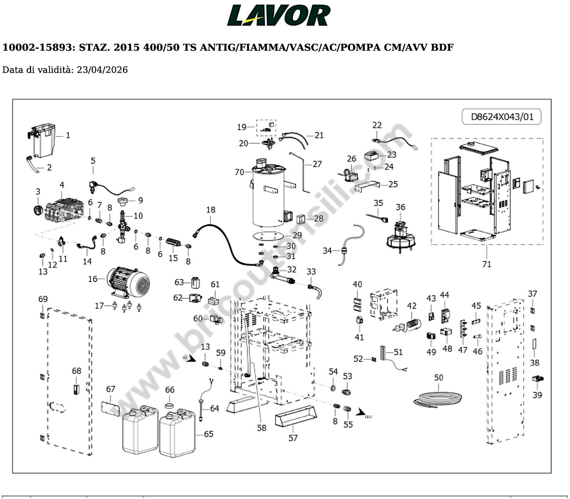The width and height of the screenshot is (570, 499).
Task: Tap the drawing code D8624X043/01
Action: pyautogui.click(x=502, y=117)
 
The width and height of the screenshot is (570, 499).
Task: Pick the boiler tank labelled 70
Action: pyautogui.click(x=268, y=195)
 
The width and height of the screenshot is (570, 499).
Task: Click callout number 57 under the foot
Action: pyautogui.click(x=293, y=438)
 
